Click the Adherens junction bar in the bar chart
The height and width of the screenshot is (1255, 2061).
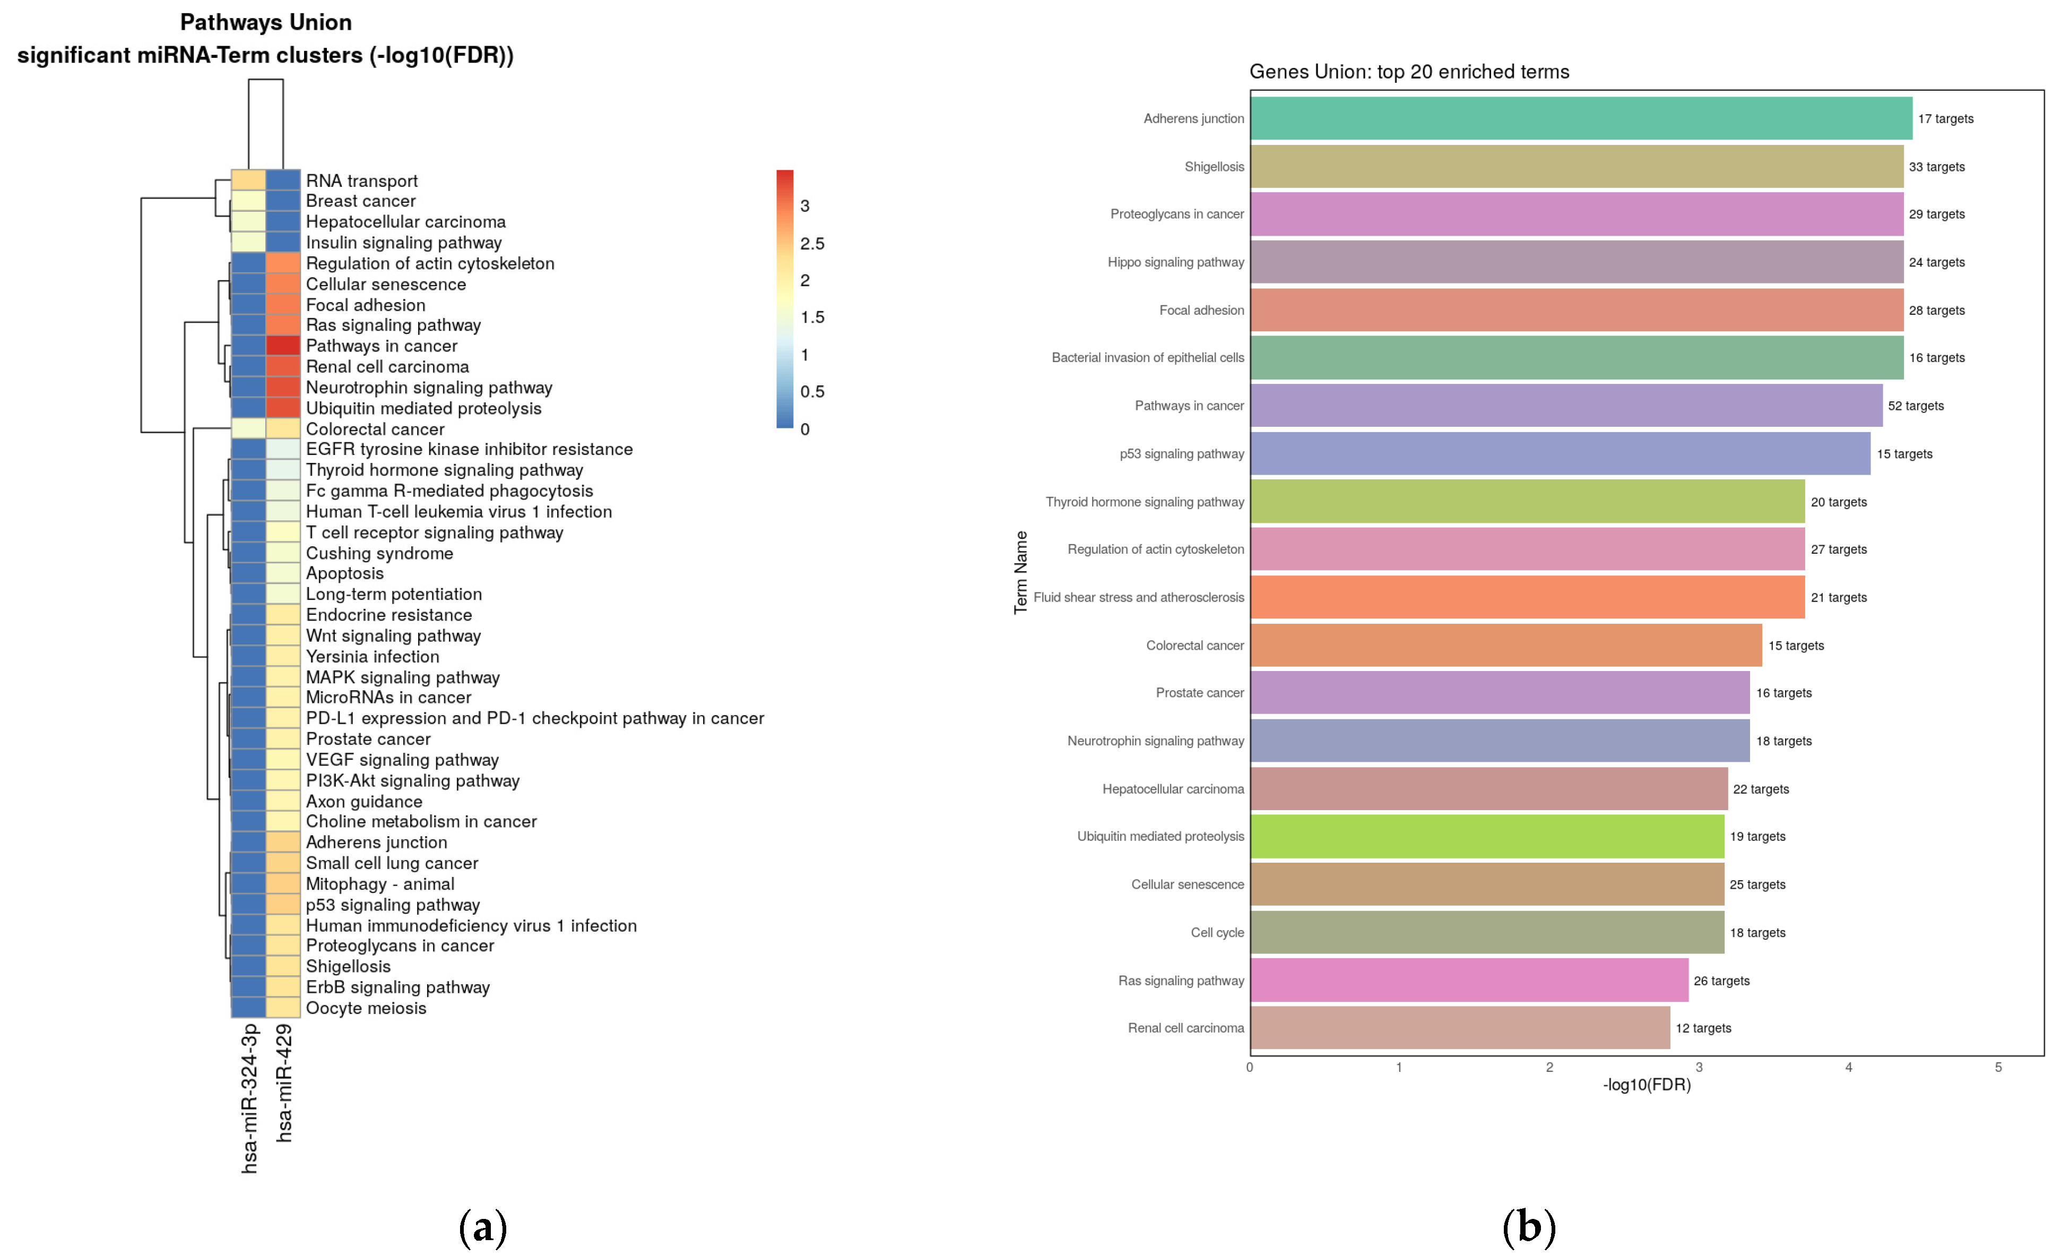[1581, 118]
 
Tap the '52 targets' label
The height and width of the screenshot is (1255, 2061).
[1916, 406]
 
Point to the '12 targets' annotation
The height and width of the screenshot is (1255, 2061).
[1703, 1028]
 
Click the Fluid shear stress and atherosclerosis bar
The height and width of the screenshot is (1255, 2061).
[1527, 597]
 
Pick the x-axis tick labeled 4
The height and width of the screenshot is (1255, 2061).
[1849, 1068]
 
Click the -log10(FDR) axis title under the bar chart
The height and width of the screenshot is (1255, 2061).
[1646, 1085]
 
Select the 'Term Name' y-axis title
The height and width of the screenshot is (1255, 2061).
[1020, 572]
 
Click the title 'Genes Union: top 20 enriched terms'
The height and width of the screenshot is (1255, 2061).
[1408, 72]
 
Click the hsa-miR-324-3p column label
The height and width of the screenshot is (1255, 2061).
[249, 1098]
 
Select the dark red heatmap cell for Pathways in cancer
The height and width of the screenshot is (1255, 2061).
[283, 346]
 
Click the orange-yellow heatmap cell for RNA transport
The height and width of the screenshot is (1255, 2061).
[248, 180]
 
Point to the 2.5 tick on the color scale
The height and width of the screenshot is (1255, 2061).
[811, 244]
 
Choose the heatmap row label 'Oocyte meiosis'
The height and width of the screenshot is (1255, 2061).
[366, 1008]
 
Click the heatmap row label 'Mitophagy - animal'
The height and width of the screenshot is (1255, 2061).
[380, 884]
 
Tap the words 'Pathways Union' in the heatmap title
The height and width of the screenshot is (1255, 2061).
[266, 23]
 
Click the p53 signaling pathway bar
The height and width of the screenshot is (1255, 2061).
[1560, 453]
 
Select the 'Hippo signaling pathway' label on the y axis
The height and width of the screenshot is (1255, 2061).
[1175, 262]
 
